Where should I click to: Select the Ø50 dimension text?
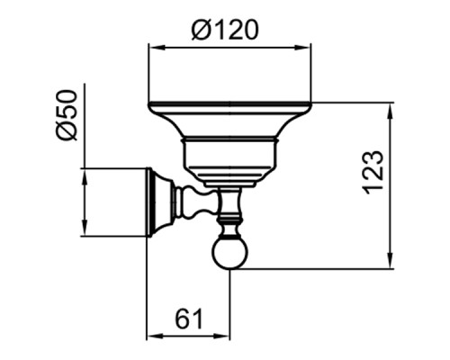[x=66, y=115]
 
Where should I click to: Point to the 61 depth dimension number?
[x=187, y=318]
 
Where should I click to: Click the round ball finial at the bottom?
[x=229, y=253]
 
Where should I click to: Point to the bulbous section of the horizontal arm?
[x=192, y=202]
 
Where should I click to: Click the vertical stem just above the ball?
[x=229, y=216]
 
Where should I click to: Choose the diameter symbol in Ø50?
[x=66, y=131]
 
